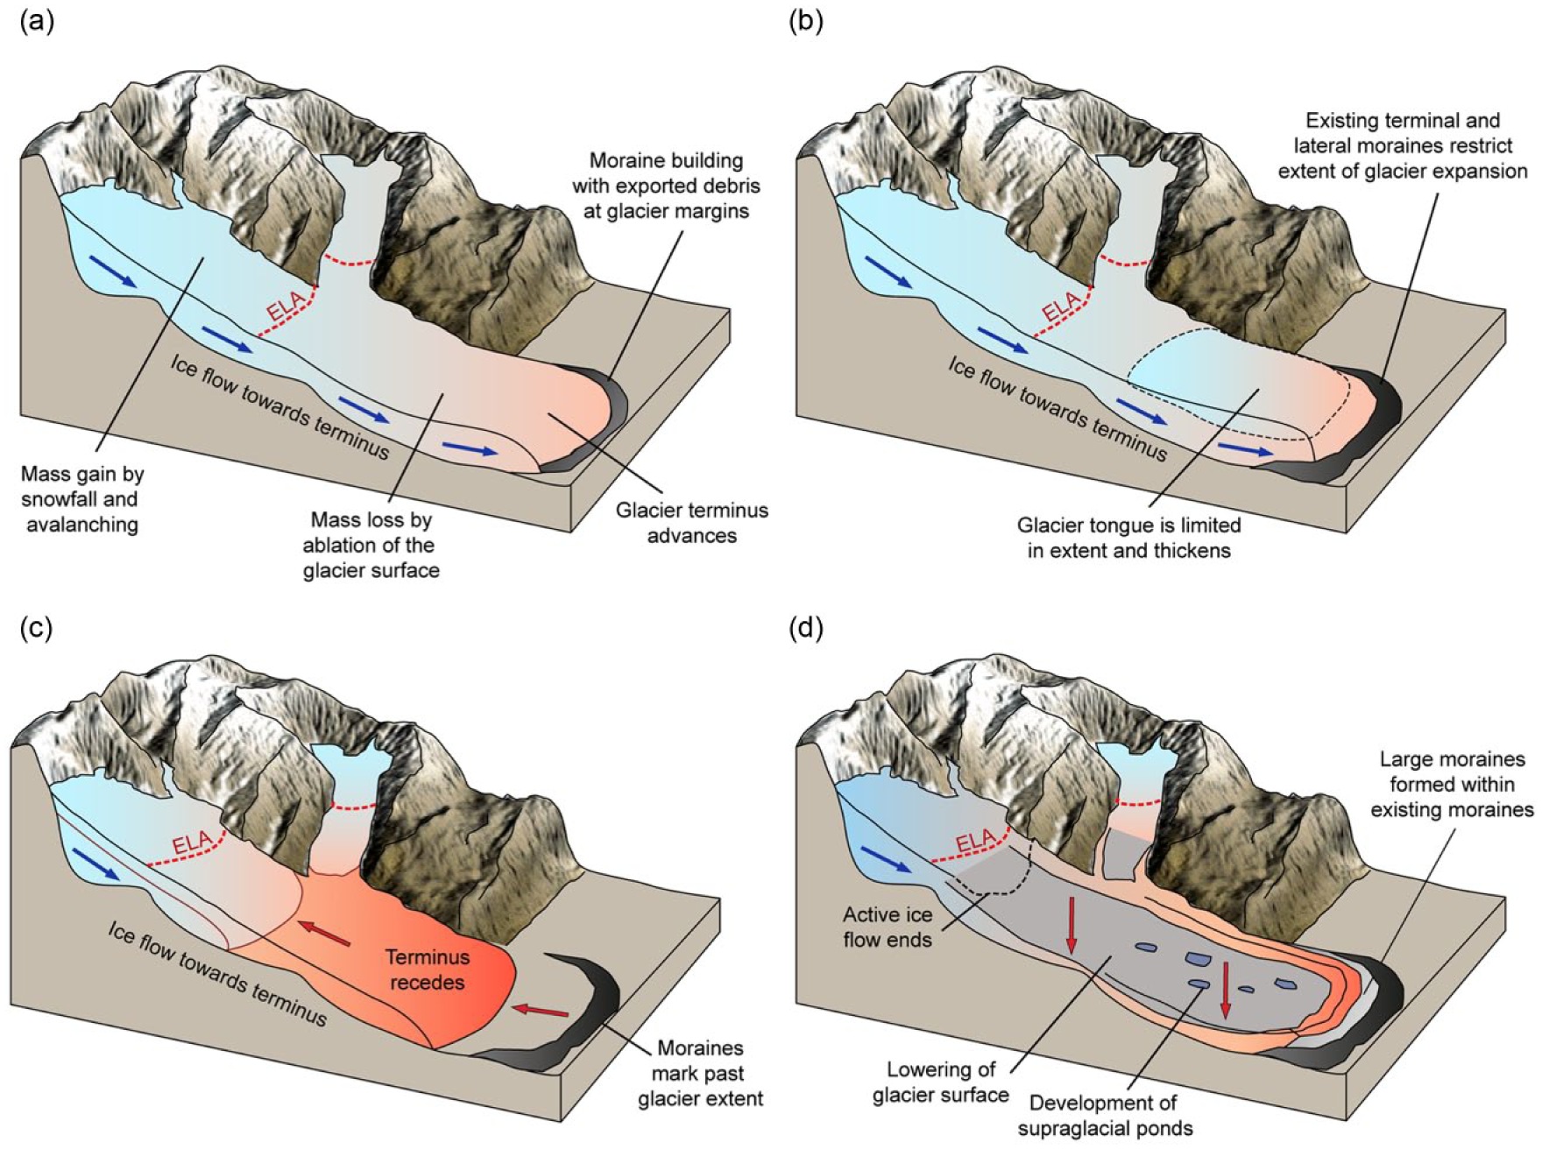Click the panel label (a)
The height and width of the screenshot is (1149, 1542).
[x=37, y=22]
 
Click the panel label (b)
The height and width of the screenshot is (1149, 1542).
[x=806, y=22]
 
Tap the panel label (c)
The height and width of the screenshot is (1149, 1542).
[x=37, y=628]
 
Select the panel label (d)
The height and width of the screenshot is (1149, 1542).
[x=806, y=628]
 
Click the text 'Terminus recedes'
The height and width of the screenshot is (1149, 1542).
[x=428, y=969]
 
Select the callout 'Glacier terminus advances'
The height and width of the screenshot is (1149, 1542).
[x=692, y=522]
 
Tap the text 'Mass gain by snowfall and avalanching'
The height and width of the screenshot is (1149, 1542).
[x=82, y=499]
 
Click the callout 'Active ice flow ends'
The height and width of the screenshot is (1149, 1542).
[x=888, y=927]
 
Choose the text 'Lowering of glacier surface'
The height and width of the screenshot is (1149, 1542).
[x=941, y=1082]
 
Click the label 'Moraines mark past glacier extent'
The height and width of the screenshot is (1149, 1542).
[x=700, y=1073]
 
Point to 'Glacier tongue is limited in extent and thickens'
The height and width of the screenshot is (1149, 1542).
[x=1128, y=538]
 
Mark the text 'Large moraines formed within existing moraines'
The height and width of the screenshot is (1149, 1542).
[x=1452, y=785]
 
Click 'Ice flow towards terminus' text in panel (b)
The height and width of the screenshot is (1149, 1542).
[x=1057, y=408]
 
